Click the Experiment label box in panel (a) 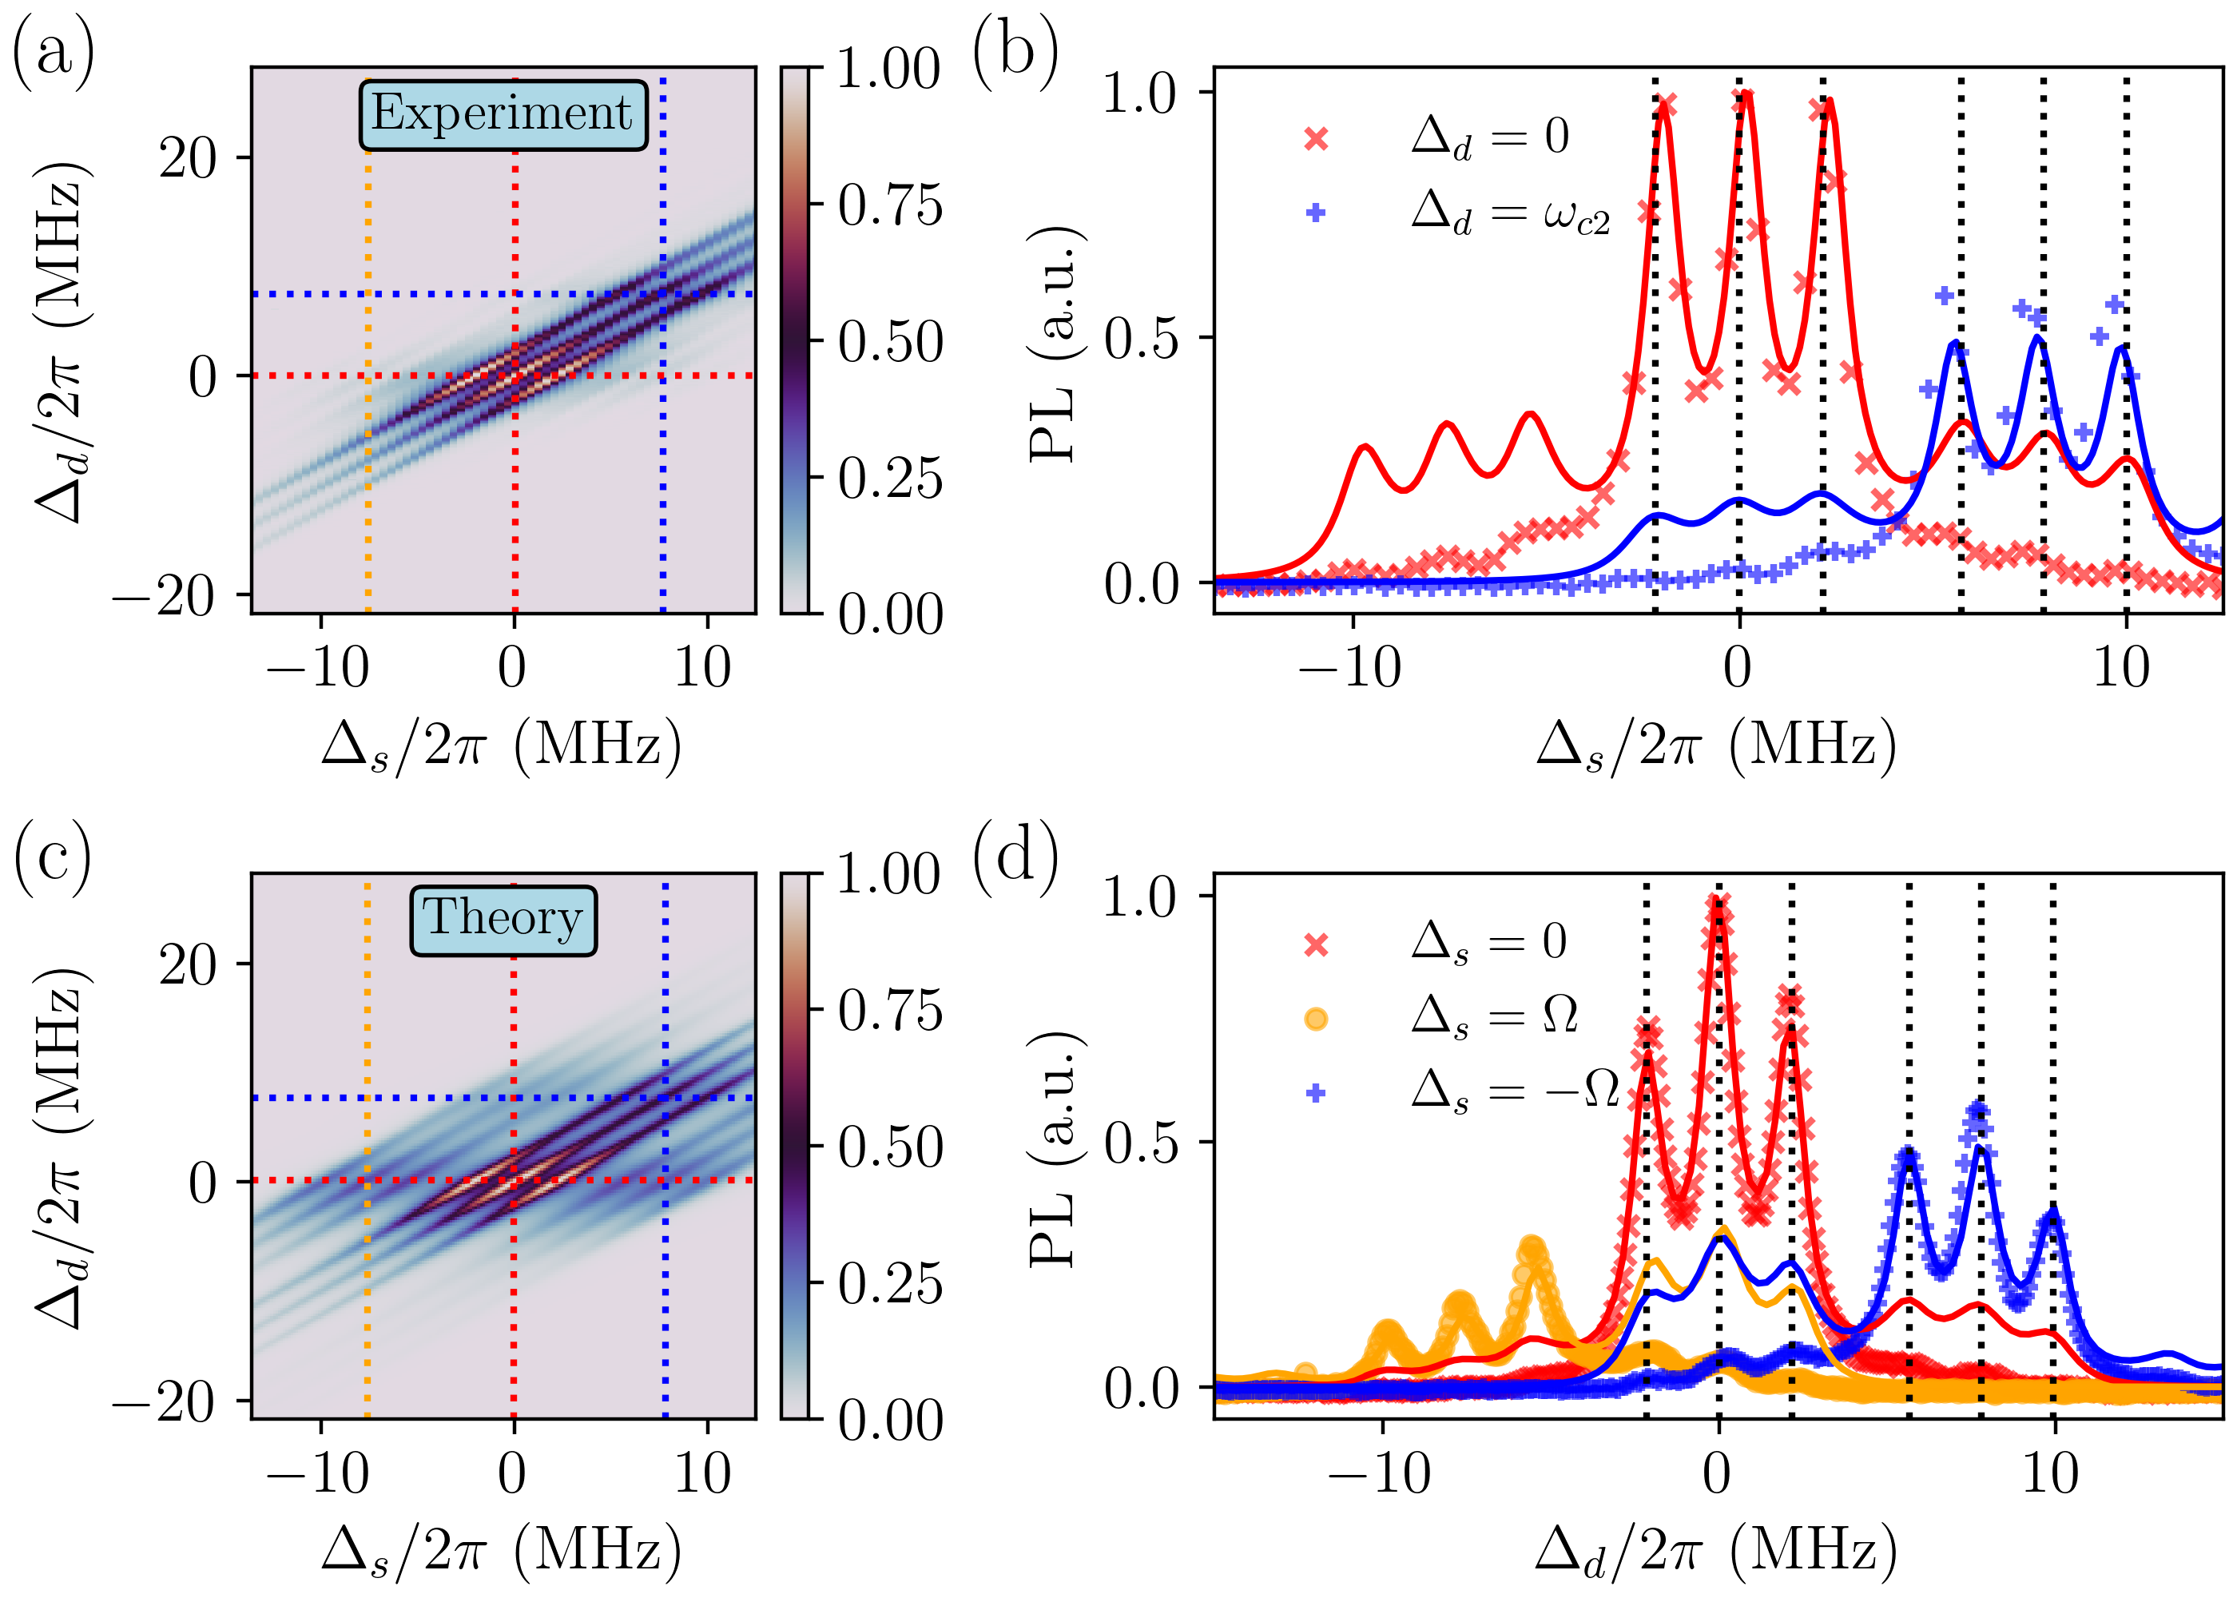click(503, 115)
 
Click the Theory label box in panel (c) click(503, 919)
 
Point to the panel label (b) click(1014, 51)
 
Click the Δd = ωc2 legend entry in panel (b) click(1510, 213)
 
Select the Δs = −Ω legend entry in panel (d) click(1515, 1091)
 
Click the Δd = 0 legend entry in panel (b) click(1489, 137)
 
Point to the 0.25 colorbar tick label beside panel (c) click(889, 1283)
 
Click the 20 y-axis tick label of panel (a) click(188, 157)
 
